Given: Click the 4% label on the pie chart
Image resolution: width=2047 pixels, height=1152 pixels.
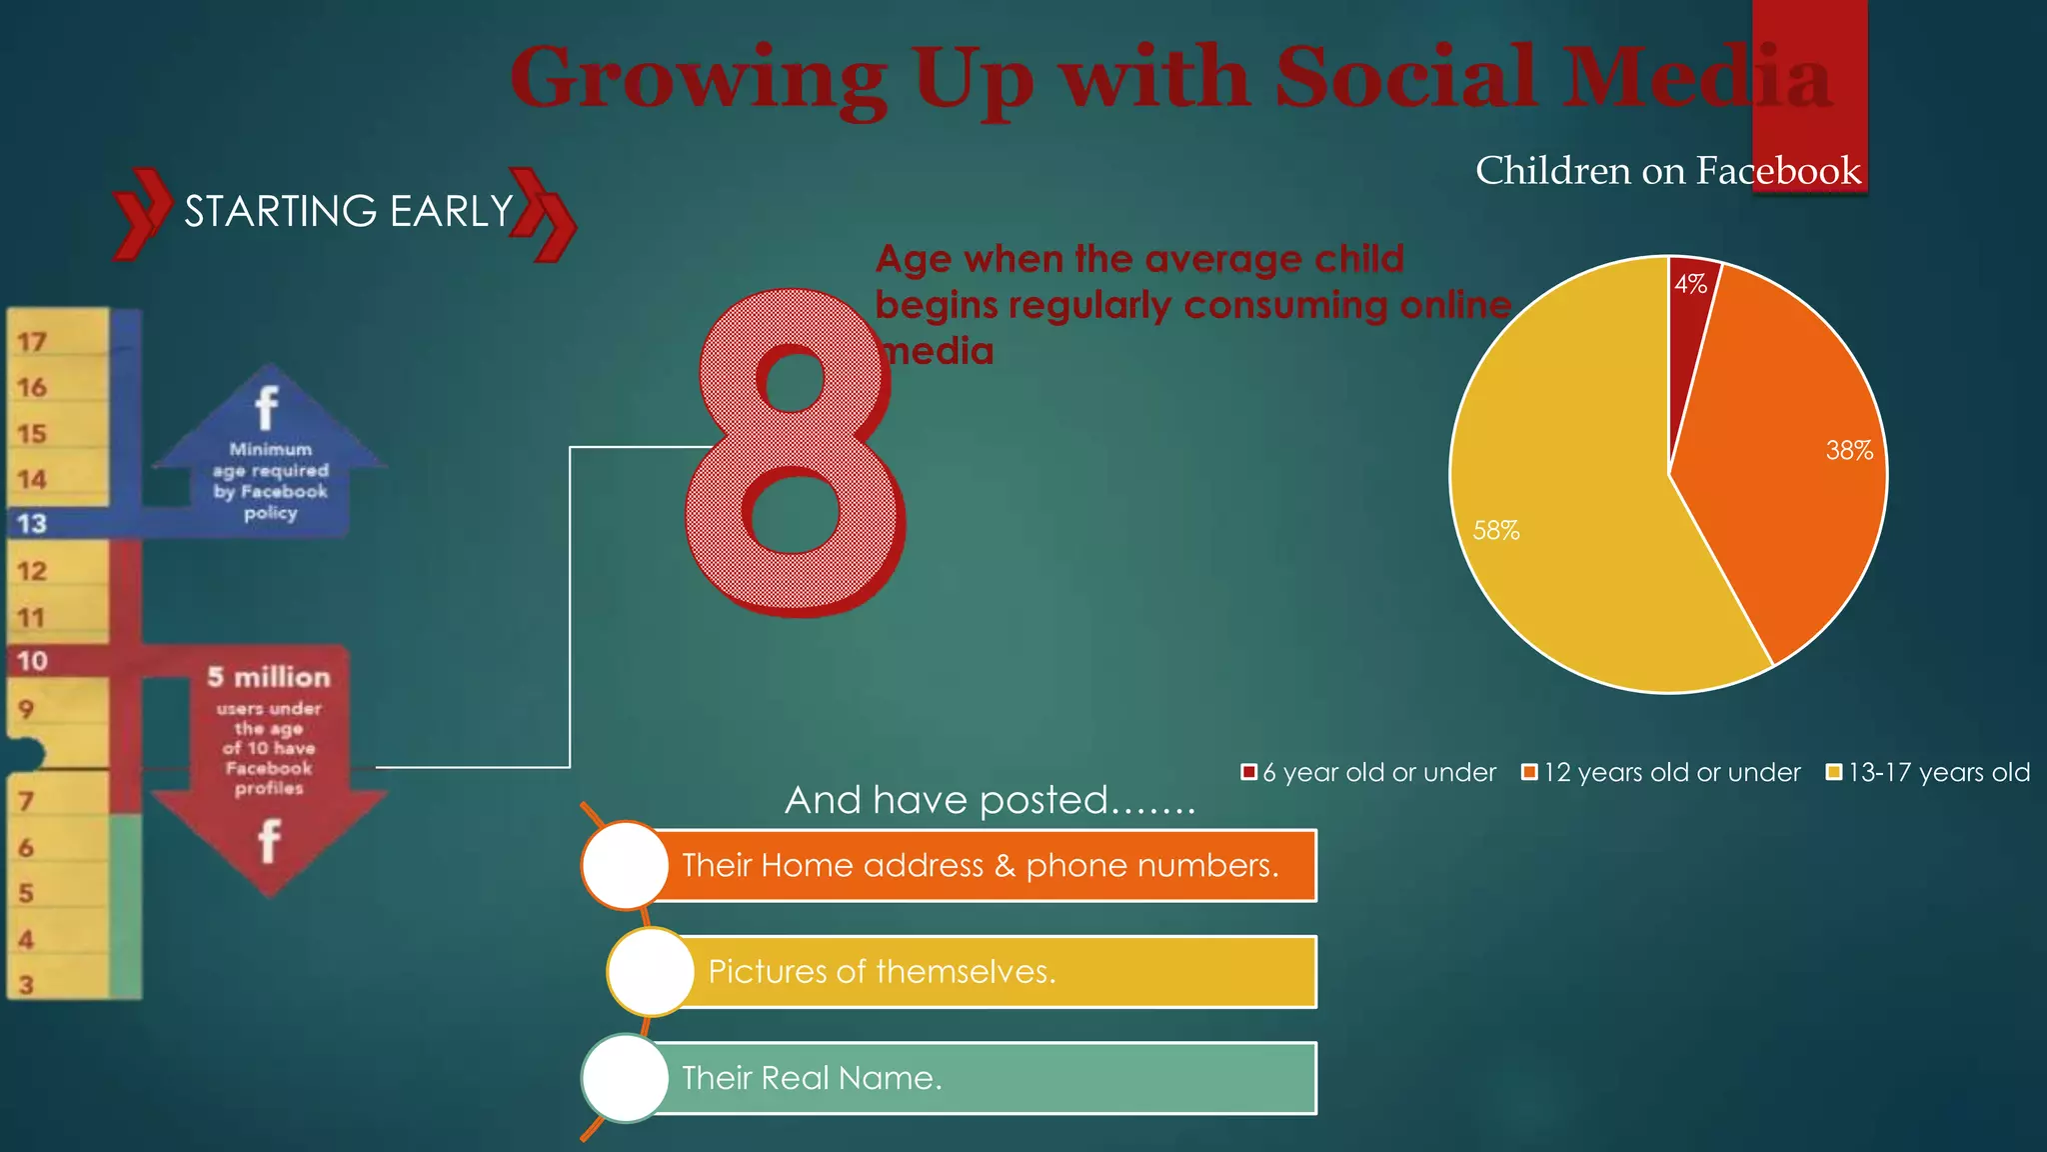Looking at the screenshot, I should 1690,284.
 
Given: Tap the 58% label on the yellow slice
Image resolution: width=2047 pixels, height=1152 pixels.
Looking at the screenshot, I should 1495,531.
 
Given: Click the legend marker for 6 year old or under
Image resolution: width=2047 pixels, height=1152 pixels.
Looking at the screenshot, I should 1248,772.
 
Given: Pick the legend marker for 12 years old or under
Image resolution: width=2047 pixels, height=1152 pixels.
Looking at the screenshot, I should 1529,772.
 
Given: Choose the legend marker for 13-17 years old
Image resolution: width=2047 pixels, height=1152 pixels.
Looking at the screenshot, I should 1833,772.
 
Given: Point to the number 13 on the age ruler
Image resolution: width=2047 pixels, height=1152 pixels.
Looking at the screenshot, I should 32,524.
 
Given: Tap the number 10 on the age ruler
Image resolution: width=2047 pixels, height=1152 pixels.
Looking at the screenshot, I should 32,661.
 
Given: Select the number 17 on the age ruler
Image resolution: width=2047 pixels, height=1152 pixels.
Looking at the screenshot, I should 32,342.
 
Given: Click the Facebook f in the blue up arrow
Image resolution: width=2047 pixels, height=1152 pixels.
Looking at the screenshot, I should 267,407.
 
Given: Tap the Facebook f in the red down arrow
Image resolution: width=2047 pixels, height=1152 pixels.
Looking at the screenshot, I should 269,840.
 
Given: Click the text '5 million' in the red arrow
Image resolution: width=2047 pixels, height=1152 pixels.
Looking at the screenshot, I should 268,677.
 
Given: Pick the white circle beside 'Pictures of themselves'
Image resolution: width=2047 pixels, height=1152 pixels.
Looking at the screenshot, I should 651,972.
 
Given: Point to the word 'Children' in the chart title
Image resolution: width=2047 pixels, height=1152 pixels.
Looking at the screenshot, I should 1553,171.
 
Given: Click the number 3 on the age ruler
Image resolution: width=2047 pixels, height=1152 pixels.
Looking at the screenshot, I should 27,985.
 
